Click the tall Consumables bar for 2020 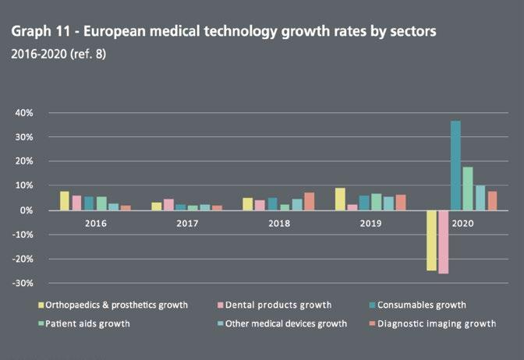(455, 165)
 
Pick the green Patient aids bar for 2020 (468, 189)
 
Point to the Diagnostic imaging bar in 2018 (309, 201)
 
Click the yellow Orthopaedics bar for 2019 (340, 199)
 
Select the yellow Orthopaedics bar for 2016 (65, 201)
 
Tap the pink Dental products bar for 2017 (168, 204)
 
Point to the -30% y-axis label (20, 283)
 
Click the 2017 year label (187, 223)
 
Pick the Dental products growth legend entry (277, 305)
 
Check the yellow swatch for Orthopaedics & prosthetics (40, 305)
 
